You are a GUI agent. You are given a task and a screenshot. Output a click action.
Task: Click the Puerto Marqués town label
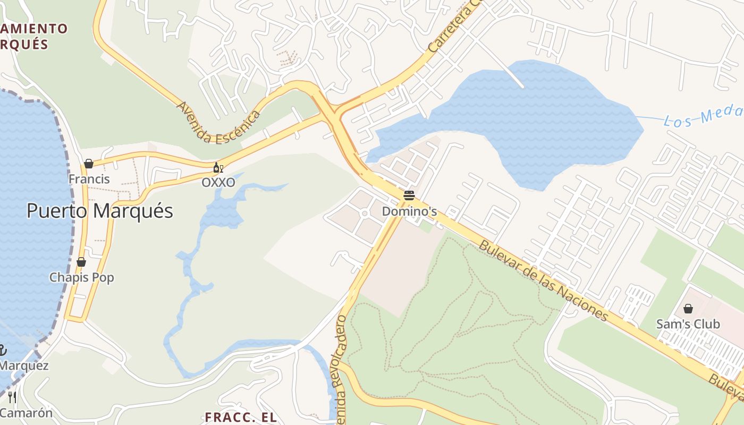click(x=100, y=211)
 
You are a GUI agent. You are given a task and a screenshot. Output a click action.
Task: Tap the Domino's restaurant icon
click(x=409, y=195)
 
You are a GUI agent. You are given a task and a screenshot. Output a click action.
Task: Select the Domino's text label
click(x=409, y=211)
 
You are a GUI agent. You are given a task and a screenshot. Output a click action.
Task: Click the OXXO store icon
click(x=217, y=168)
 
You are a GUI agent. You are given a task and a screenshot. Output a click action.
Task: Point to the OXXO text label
click(x=218, y=182)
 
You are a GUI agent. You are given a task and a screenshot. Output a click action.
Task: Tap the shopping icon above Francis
click(x=89, y=164)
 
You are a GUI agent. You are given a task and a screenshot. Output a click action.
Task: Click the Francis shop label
click(x=89, y=179)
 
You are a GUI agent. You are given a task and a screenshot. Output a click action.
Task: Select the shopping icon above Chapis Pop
click(x=81, y=262)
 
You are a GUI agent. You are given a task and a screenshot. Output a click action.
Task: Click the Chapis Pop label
click(x=81, y=277)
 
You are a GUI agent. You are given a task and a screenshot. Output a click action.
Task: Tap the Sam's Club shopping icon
click(x=688, y=309)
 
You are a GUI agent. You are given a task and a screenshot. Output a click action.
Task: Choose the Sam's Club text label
click(x=688, y=324)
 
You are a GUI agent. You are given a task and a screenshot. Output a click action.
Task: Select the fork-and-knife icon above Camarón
click(x=12, y=397)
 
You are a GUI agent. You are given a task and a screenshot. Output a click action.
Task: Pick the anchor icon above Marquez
click(x=3, y=350)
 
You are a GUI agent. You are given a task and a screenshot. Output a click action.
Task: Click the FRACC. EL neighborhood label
click(x=241, y=416)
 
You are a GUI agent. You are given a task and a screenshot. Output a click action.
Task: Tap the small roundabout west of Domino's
click(x=365, y=214)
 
